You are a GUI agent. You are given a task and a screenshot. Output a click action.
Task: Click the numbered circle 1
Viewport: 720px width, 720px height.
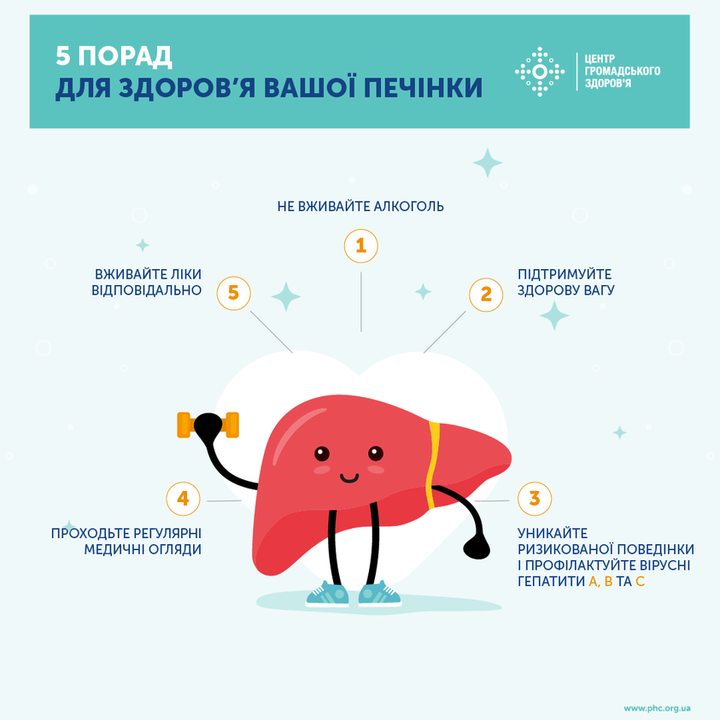(361, 246)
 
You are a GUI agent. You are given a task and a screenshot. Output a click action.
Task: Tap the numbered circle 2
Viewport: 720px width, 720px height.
(486, 295)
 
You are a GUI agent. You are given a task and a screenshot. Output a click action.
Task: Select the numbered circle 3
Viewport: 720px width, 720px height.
(535, 499)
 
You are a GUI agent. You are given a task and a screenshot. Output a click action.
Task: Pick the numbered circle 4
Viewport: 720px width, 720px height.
(184, 499)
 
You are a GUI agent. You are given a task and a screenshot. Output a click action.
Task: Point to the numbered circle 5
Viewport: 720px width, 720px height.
(234, 293)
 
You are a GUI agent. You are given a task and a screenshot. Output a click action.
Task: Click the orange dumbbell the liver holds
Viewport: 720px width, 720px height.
(208, 424)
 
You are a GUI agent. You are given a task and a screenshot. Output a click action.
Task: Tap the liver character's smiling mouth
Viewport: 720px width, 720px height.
(349, 479)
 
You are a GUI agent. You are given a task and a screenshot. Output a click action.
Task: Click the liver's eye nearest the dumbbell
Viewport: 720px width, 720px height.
(322, 454)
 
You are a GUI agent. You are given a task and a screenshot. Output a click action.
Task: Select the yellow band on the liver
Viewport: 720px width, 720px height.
(432, 465)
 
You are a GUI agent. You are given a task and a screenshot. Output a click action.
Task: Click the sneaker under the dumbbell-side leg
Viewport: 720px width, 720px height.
(327, 594)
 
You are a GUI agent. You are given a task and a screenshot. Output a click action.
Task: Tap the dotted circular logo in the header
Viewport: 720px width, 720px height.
(540, 72)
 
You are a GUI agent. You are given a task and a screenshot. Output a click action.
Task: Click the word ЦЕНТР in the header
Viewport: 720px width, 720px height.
(600, 59)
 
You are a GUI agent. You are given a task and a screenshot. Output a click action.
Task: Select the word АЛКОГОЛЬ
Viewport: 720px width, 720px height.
(408, 206)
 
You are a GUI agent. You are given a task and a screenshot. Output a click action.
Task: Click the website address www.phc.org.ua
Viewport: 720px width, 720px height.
(657, 709)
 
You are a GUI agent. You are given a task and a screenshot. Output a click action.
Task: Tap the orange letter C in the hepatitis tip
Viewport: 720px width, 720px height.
(640, 582)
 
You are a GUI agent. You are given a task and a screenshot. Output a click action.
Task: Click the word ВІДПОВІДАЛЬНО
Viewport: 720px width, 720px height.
(147, 290)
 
